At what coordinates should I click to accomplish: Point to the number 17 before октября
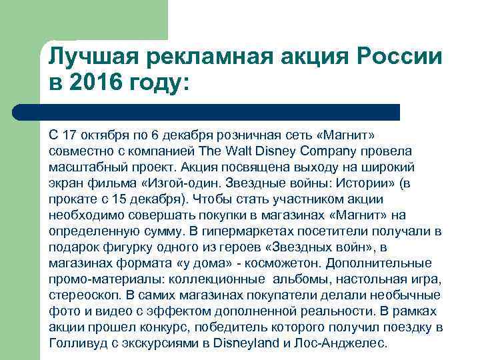click(69, 135)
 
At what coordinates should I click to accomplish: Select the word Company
click(351, 150)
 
